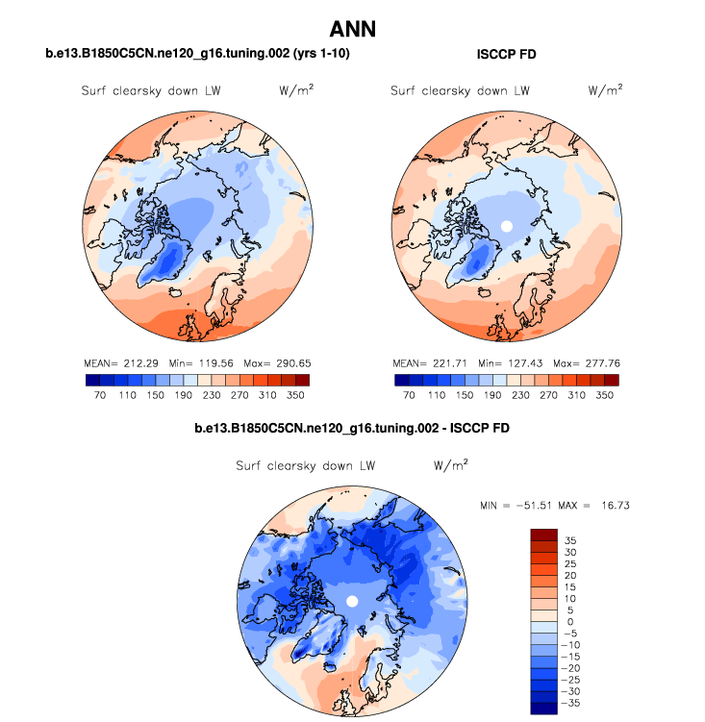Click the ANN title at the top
tap(352, 29)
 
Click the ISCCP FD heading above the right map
tap(507, 55)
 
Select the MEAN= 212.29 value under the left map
tap(121, 364)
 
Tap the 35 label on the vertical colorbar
tap(570, 540)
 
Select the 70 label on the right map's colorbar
tap(409, 394)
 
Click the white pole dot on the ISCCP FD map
tap(507, 226)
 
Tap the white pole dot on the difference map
tap(352, 601)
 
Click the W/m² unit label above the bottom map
tap(450, 465)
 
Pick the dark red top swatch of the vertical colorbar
tap(543, 534)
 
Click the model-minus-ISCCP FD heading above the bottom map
tap(352, 427)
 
